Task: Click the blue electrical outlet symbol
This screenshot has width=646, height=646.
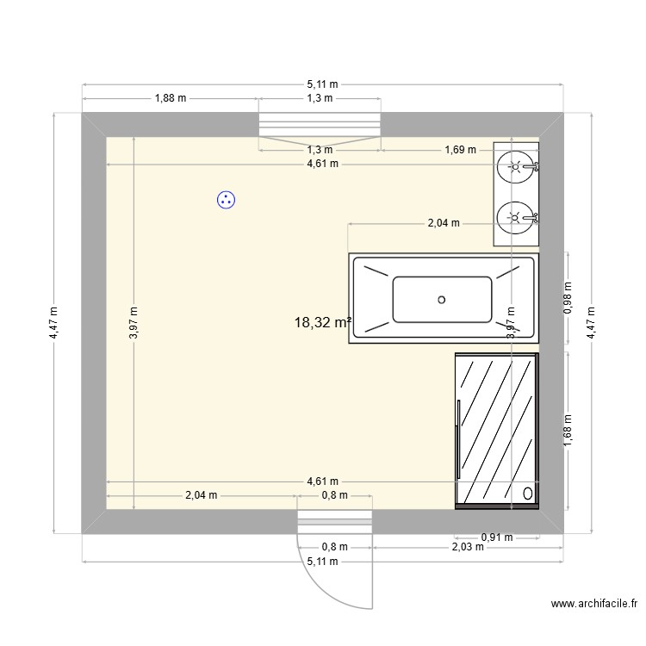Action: (x=227, y=201)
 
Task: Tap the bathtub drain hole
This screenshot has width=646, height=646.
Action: (x=442, y=300)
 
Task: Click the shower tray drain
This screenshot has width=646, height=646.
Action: (x=528, y=494)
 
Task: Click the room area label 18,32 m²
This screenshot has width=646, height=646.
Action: (x=322, y=323)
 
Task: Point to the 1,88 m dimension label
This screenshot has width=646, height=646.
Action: (x=171, y=98)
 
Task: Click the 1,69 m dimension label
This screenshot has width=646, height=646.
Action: (x=460, y=150)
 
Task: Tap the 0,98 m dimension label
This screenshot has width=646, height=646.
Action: (x=567, y=296)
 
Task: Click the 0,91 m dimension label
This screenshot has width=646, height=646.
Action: (x=496, y=537)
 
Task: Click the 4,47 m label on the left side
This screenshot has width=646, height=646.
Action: (x=53, y=323)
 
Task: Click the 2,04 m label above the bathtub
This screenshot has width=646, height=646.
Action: (x=444, y=223)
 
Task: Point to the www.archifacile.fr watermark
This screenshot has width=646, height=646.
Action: (x=594, y=606)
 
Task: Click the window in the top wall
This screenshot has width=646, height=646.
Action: (x=320, y=126)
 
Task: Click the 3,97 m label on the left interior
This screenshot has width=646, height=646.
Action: (x=134, y=323)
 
